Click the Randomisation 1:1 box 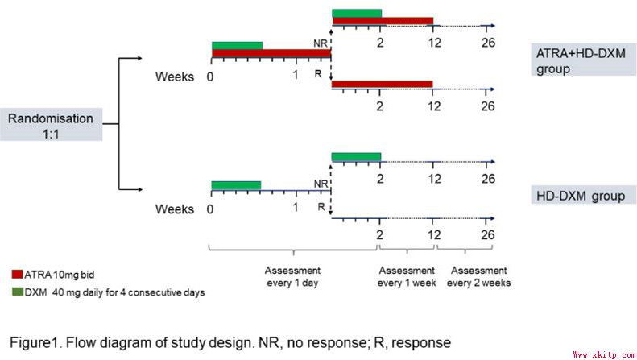pyautogui.click(x=52, y=124)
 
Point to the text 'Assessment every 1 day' pyautogui.click(x=292, y=276)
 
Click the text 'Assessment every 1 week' pyautogui.click(x=407, y=276)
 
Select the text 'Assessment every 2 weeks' pyautogui.click(x=481, y=276)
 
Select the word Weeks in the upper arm pyautogui.click(x=175, y=77)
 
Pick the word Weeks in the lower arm pyautogui.click(x=175, y=209)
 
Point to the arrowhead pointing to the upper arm pyautogui.click(x=139, y=59)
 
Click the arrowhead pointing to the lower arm pyautogui.click(x=139, y=190)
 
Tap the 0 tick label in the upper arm pyautogui.click(x=209, y=77)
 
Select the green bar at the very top pyautogui.click(x=357, y=13)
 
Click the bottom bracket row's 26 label pyautogui.click(x=487, y=234)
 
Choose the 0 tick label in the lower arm pyautogui.click(x=209, y=209)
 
